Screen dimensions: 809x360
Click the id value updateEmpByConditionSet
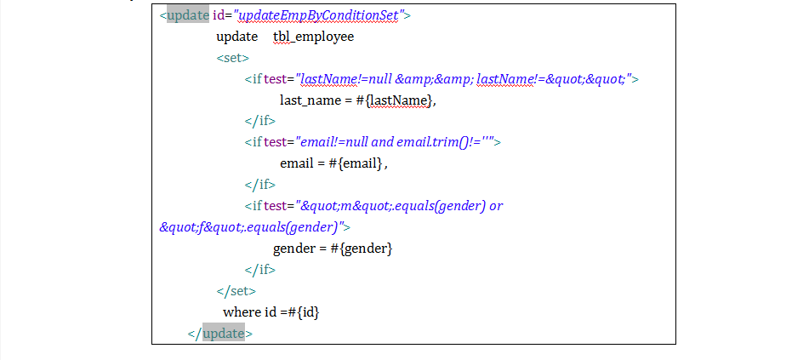point(318,15)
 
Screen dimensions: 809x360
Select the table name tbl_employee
point(314,37)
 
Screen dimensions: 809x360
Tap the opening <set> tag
point(233,58)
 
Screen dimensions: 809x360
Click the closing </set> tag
point(236,291)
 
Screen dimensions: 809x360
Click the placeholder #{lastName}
point(395,100)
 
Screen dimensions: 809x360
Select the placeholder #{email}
point(356,164)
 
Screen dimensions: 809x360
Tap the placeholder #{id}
point(305,312)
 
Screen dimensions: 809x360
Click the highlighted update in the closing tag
point(224,334)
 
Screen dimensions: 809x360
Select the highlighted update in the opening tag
point(188,15)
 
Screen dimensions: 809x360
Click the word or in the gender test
point(496,206)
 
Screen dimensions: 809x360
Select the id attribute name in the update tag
point(219,15)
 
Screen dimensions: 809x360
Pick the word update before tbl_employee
point(236,37)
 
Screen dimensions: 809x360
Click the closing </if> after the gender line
point(260,270)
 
